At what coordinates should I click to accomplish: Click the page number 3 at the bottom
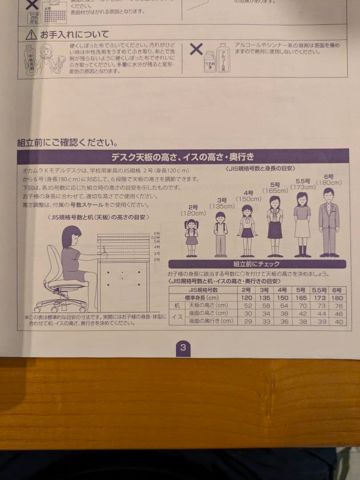coord(183,348)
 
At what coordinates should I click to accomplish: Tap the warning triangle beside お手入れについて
coord(31,35)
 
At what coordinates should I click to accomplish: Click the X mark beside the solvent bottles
coord(196,49)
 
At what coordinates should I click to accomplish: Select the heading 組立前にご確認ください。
coord(67,143)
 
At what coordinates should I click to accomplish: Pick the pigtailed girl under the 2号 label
coord(192,238)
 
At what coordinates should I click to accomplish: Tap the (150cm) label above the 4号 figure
coord(248,199)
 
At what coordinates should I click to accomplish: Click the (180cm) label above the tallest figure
coord(329,183)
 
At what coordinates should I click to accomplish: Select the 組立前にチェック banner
coord(257,264)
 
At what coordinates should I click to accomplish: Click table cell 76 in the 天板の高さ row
coord(338,306)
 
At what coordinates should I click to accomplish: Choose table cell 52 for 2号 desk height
coord(246,306)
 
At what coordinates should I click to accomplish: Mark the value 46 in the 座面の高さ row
coord(338,313)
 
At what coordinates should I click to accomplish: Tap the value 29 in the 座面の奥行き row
coord(246,321)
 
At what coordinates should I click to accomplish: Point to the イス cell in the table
coord(176,317)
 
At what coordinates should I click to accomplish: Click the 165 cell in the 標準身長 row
coord(302,298)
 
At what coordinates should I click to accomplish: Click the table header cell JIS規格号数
coord(203,290)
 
